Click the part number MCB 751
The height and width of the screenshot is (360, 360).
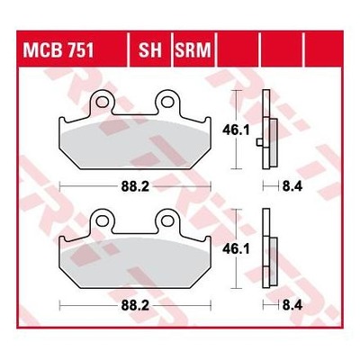tap(58, 50)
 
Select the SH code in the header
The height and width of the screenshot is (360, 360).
tap(150, 50)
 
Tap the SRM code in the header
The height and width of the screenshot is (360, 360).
tap(193, 50)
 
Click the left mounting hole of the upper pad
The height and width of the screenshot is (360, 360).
tap(102, 103)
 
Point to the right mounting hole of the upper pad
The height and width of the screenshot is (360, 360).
tap(167, 103)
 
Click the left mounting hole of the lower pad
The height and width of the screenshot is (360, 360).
tap(102, 221)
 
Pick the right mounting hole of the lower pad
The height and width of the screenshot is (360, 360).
tap(167, 221)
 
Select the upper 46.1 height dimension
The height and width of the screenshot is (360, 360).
tap(236, 130)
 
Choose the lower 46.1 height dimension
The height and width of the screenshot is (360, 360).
tap(236, 249)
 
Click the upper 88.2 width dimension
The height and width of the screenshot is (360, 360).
tap(135, 186)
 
